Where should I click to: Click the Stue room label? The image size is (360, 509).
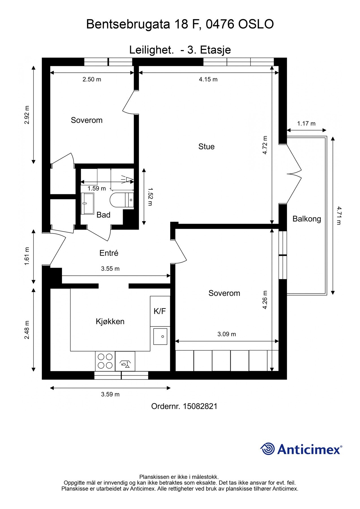(206, 146)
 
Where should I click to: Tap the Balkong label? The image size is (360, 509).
(307, 219)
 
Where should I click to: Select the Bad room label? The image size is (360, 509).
(103, 215)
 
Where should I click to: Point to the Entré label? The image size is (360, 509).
(109, 253)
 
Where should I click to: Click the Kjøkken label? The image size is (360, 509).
(110, 322)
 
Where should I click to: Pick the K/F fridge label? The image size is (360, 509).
(160, 311)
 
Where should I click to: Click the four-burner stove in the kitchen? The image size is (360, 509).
(105, 361)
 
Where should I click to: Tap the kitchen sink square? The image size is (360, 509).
(160, 337)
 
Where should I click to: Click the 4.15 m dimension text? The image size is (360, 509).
(208, 79)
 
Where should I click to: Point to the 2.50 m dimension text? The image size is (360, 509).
(92, 79)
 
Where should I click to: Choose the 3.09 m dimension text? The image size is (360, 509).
(227, 334)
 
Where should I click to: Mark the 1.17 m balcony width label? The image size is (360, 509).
(306, 124)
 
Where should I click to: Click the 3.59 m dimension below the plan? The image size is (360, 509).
(110, 394)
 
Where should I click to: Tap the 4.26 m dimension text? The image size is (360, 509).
(265, 300)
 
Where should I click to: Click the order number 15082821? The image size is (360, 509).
(200, 406)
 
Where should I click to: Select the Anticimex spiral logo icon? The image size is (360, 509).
(268, 449)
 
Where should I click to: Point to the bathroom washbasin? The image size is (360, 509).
(87, 204)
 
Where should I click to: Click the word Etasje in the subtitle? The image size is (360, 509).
(215, 50)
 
